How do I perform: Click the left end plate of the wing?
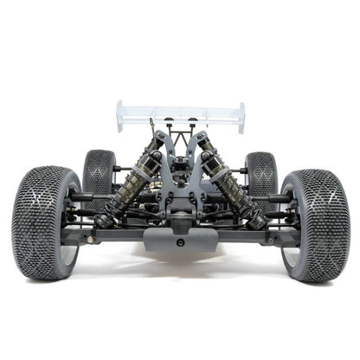(x=120, y=116)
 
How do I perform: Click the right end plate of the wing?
(x=241, y=117)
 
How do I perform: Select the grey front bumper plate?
(x=179, y=239)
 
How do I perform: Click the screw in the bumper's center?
(x=179, y=243)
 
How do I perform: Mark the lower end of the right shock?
(x=256, y=222)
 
